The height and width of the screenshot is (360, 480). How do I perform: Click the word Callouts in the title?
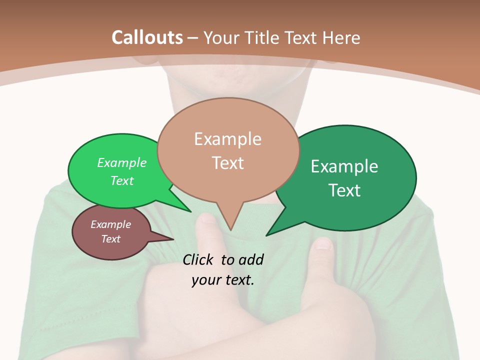pyautogui.click(x=147, y=37)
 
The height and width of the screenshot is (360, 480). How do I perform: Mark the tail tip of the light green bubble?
pyautogui.click(x=190, y=211)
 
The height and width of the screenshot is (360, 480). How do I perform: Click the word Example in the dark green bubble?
pyautogui.click(x=344, y=166)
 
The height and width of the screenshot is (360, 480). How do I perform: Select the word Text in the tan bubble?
pyautogui.click(x=228, y=163)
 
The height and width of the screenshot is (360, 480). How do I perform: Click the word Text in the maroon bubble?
pyautogui.click(x=111, y=239)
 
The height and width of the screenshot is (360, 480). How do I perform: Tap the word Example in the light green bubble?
pyautogui.click(x=122, y=162)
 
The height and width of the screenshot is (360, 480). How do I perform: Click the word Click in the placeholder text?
pyautogui.click(x=199, y=259)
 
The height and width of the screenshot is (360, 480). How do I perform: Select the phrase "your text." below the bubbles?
pyautogui.click(x=223, y=280)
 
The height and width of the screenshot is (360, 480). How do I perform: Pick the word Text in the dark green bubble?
pyautogui.click(x=344, y=190)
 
